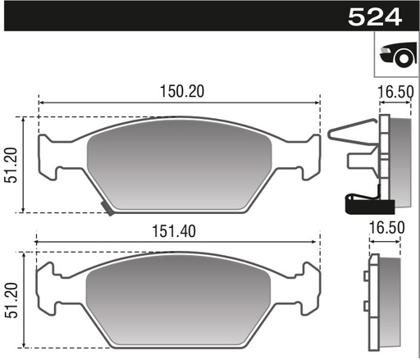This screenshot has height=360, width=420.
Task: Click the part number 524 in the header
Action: coord(375,17)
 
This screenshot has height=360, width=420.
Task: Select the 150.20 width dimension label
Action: coord(182,91)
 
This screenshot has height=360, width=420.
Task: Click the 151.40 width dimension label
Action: coord(174,231)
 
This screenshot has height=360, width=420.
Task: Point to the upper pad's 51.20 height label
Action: coord(11,165)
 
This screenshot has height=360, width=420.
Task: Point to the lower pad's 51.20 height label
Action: coord(11,300)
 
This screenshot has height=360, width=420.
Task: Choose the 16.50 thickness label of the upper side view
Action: coord(395,92)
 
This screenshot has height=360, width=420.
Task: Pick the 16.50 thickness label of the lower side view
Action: coord(386,228)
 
